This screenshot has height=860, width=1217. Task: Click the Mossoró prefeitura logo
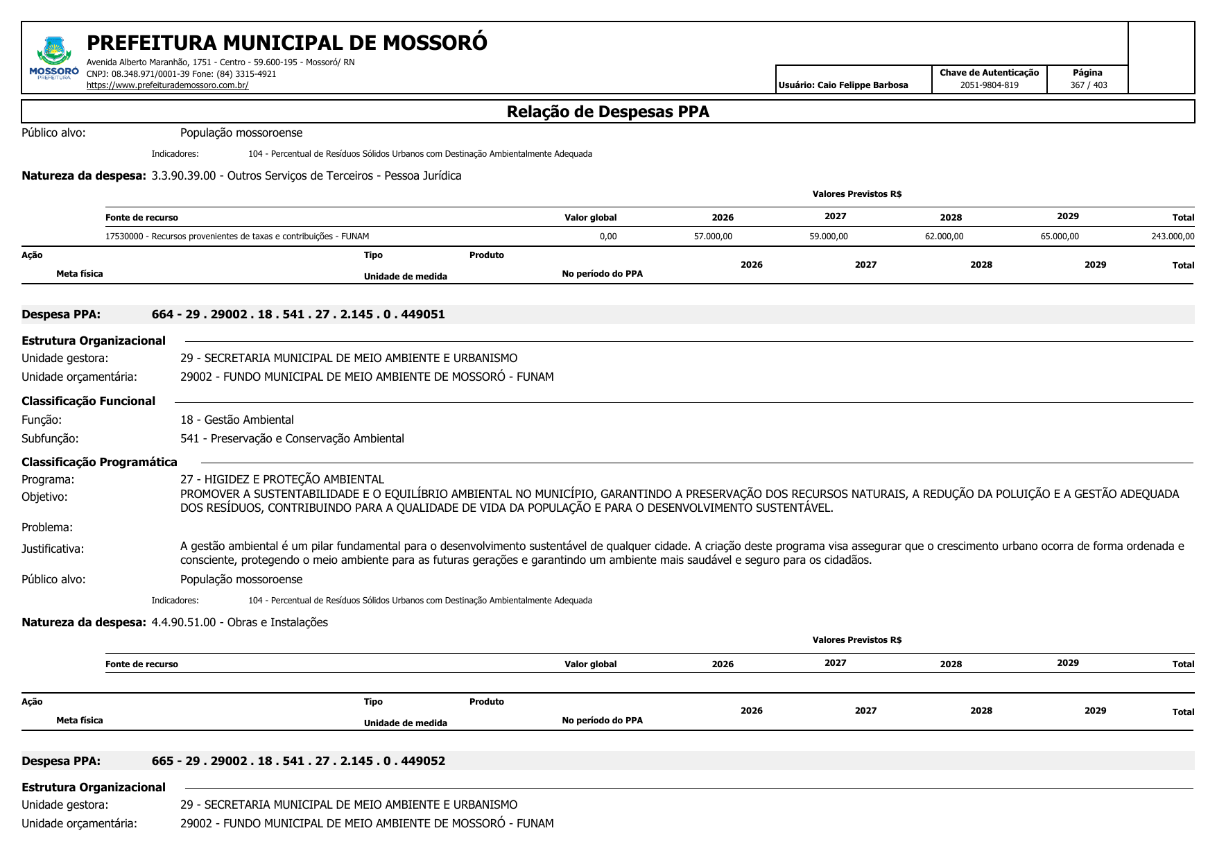pyautogui.click(x=54, y=58)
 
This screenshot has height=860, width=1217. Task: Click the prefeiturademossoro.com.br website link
pyautogui.click(x=167, y=85)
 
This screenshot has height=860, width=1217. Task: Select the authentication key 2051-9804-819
pyautogui.click(x=989, y=85)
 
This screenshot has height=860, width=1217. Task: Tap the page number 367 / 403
pyautogui.click(x=1088, y=85)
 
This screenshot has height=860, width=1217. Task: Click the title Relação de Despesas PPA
pyautogui.click(x=607, y=112)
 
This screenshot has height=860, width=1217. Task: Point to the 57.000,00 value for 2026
pyautogui.click(x=713, y=237)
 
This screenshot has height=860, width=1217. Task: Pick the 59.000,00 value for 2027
pyautogui.click(x=828, y=237)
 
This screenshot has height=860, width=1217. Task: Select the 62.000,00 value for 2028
pyautogui.click(x=944, y=237)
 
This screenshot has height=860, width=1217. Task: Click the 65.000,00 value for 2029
pyautogui.click(x=1059, y=237)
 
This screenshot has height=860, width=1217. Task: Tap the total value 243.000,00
pyautogui.click(x=1173, y=237)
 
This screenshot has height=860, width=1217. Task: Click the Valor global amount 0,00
pyautogui.click(x=608, y=237)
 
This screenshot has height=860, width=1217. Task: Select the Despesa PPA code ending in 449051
pyautogui.click(x=298, y=314)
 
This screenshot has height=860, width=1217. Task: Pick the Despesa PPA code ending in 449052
pyautogui.click(x=298, y=761)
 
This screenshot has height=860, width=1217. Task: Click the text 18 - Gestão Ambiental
pyautogui.click(x=237, y=420)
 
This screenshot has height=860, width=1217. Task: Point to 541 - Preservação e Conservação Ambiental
pyautogui.click(x=292, y=438)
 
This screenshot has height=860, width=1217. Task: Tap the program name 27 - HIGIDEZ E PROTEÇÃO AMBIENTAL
pyautogui.click(x=282, y=479)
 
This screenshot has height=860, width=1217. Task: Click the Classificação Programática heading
pyautogui.click(x=99, y=462)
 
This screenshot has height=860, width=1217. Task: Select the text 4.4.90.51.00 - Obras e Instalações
pyautogui.click(x=239, y=622)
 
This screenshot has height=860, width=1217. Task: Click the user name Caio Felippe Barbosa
pyautogui.click(x=862, y=85)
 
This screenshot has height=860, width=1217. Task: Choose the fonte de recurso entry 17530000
pyautogui.click(x=237, y=237)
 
